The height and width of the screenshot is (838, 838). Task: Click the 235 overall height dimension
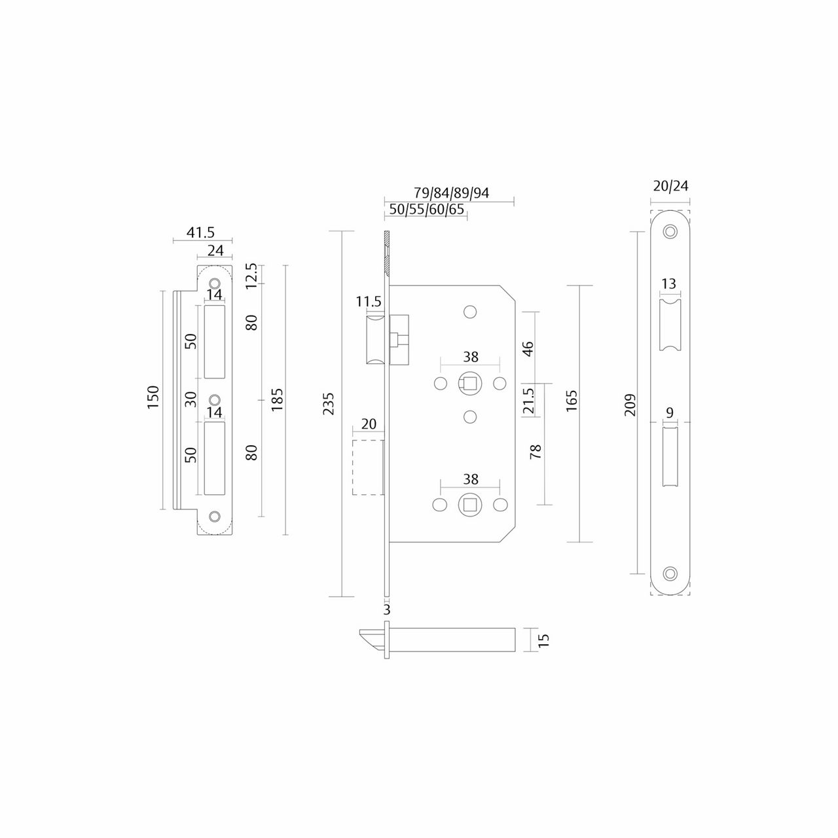point(329,403)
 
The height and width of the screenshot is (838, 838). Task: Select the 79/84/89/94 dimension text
point(451,192)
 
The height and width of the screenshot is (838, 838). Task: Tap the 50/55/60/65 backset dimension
point(427,209)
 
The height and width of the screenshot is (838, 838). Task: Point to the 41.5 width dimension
point(200,232)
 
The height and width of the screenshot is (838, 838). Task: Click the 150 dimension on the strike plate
point(153,397)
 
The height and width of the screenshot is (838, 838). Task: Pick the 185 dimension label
point(277,399)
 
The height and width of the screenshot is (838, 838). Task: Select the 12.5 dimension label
point(252,276)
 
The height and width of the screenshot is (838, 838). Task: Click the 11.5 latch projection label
point(369,301)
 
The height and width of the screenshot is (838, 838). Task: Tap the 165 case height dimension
point(572,401)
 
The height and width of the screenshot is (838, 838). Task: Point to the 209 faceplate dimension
point(630,405)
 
